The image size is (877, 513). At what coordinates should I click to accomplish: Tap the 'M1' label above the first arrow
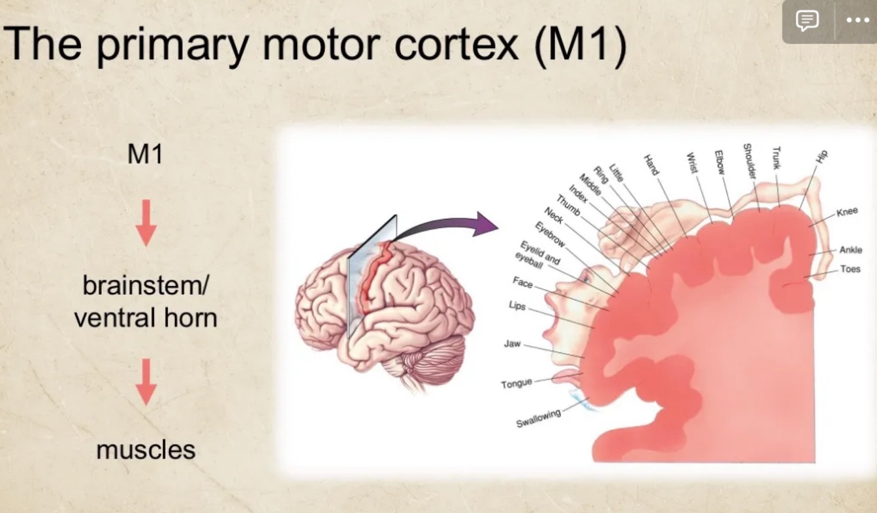[x=145, y=155]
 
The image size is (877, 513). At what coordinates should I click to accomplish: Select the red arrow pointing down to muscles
[x=146, y=382]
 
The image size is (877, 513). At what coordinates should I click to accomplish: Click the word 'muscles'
[x=146, y=450]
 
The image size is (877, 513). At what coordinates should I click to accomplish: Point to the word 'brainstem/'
[x=146, y=286]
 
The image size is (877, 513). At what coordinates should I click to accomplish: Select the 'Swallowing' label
[x=538, y=418]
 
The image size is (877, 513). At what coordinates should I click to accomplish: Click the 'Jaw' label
[x=512, y=344]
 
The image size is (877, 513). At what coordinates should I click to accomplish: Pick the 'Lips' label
[x=517, y=306]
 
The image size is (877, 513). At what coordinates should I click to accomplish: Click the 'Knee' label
[x=847, y=212]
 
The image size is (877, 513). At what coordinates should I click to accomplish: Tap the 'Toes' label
[x=850, y=269]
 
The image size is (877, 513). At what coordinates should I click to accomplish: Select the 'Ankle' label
[x=851, y=250]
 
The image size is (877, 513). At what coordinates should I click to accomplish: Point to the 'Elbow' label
[x=720, y=162]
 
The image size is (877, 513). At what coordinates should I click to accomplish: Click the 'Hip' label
[x=822, y=157]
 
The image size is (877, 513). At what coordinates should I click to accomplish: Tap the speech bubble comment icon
[x=807, y=20]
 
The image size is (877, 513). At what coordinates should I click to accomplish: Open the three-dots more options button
[x=857, y=20]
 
